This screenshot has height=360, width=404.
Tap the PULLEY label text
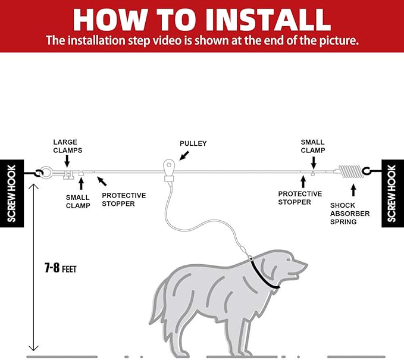tap(193, 143)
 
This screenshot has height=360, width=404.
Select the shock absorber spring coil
tap(351, 171)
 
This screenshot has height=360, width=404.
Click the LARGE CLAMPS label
tap(68, 146)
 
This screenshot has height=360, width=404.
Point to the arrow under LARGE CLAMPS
tap(67, 162)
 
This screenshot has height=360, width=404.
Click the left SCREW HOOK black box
tap(12, 193)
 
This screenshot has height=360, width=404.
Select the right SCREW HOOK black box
tap(393, 193)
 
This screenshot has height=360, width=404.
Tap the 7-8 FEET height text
tap(61, 268)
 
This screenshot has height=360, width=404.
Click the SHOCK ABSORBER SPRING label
tap(350, 214)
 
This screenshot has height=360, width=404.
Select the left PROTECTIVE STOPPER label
tap(124, 200)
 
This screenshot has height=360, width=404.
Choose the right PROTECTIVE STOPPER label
tap(300, 198)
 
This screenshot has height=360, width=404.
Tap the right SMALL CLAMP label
tap(313, 146)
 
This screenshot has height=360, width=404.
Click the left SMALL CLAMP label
tap(78, 202)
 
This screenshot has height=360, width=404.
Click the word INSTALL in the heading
tap(268, 20)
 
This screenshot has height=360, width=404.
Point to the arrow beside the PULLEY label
tap(184, 156)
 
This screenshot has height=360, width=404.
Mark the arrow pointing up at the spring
tap(353, 190)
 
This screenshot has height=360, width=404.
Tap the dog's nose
tap(305, 265)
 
